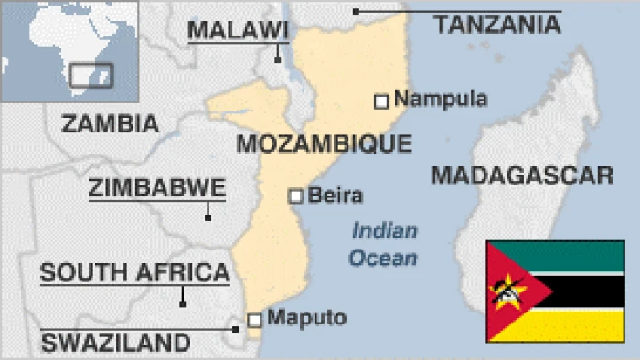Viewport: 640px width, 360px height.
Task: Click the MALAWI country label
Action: (238, 31)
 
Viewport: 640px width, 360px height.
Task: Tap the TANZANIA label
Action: (496, 25)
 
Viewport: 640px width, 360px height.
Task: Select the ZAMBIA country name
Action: (110, 123)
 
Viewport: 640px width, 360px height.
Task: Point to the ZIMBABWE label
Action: (157, 188)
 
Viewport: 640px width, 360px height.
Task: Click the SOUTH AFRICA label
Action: (134, 271)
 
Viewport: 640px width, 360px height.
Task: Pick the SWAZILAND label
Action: (115, 344)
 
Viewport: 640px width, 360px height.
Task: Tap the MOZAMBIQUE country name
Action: (324, 143)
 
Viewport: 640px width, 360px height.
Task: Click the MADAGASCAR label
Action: (521, 175)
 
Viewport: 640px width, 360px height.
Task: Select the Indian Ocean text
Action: (384, 244)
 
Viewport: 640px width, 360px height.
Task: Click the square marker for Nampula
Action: (381, 101)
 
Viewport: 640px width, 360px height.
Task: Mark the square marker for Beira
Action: (295, 196)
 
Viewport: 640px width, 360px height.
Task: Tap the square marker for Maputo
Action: (254, 319)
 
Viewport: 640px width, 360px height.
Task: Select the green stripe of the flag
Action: (585, 257)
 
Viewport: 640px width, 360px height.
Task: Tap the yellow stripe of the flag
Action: (585, 325)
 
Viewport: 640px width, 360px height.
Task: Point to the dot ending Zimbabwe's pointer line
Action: (208, 217)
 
